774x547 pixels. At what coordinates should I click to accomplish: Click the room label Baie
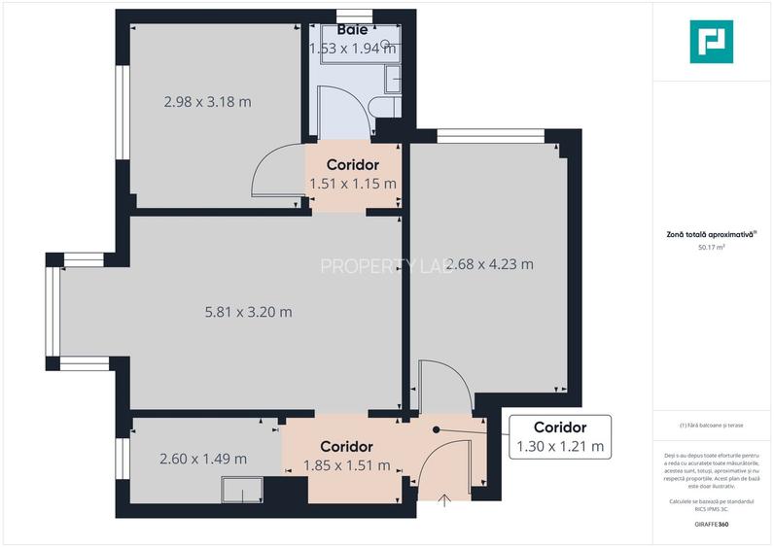click(352, 31)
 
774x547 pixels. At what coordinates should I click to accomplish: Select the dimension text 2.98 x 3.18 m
click(207, 101)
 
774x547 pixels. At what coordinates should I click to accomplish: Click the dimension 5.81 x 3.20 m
click(248, 312)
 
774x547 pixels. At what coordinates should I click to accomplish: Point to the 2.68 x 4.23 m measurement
click(489, 263)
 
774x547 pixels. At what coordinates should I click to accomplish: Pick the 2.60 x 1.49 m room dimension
click(202, 459)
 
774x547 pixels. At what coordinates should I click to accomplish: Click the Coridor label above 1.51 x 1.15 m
click(352, 164)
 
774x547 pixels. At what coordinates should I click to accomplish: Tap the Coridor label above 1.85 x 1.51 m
click(347, 447)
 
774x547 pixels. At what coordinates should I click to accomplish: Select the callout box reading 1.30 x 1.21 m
click(559, 437)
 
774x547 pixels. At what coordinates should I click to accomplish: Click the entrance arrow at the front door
click(445, 500)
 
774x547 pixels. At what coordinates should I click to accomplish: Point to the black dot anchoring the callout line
click(437, 428)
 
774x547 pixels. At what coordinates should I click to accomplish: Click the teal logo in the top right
click(711, 41)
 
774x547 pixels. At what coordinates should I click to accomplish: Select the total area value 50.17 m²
click(712, 248)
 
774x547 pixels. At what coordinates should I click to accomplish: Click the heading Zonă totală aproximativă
click(711, 233)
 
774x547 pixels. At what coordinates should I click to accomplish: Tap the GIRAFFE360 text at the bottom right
click(712, 525)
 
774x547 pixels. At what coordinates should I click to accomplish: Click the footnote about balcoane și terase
click(712, 425)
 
